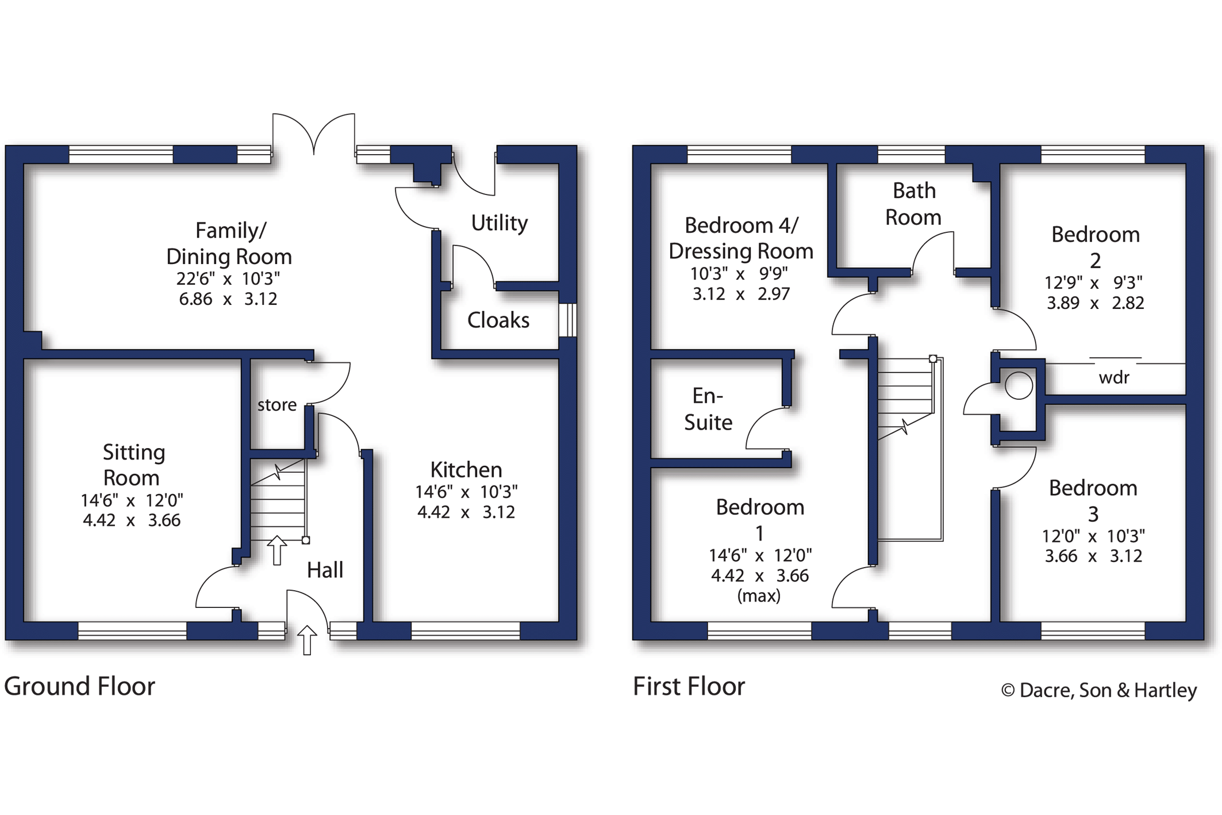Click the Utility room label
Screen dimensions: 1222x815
[499, 223]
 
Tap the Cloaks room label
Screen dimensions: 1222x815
[498, 320]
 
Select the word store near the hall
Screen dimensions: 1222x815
[277, 405]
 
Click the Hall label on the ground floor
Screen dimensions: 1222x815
[325, 570]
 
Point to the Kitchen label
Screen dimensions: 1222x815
[466, 470]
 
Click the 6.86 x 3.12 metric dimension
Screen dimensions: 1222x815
[228, 299]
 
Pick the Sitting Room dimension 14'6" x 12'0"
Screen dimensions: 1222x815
[132, 500]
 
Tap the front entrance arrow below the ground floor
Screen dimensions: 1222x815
[307, 640]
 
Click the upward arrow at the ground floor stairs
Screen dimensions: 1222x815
[277, 550]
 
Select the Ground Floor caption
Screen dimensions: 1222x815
[79, 686]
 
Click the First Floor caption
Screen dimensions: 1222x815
[689, 686]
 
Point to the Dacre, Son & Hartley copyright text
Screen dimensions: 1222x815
[1099, 690]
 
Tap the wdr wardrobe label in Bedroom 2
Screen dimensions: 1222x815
[1114, 377]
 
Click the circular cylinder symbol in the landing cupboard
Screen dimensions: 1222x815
[1019, 385]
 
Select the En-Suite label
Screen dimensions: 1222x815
[708, 409]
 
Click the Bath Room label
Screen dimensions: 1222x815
[913, 204]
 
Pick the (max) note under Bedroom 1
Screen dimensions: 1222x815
[759, 596]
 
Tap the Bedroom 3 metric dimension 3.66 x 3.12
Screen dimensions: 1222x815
[1093, 556]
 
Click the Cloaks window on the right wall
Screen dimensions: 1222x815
[568, 320]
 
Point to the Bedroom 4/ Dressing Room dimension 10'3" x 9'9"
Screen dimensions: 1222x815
[739, 274]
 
